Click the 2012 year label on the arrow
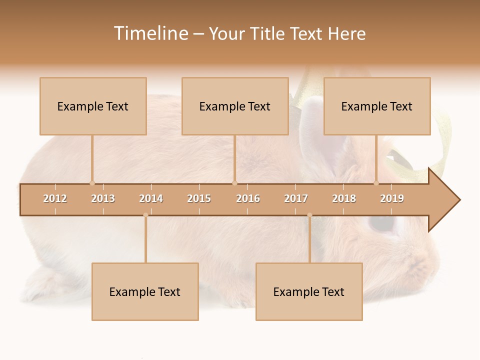[x=55, y=198]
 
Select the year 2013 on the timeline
[x=103, y=198]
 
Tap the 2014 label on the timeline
[x=151, y=198]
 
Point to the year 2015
[x=199, y=198]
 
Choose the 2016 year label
[x=248, y=198]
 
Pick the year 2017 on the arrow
[x=296, y=198]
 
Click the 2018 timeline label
[x=344, y=198]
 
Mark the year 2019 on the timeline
[x=392, y=198]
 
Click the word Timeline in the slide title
[x=150, y=33]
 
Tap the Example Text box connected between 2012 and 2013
[x=93, y=106]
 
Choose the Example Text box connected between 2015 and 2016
[x=235, y=106]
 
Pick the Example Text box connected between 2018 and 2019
[x=377, y=106]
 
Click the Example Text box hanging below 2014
[x=145, y=291]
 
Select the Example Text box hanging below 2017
[x=309, y=291]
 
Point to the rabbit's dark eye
[x=381, y=223]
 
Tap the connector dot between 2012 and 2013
[x=92, y=183]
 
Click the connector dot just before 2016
[x=234, y=183]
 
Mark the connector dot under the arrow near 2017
[x=309, y=215]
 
